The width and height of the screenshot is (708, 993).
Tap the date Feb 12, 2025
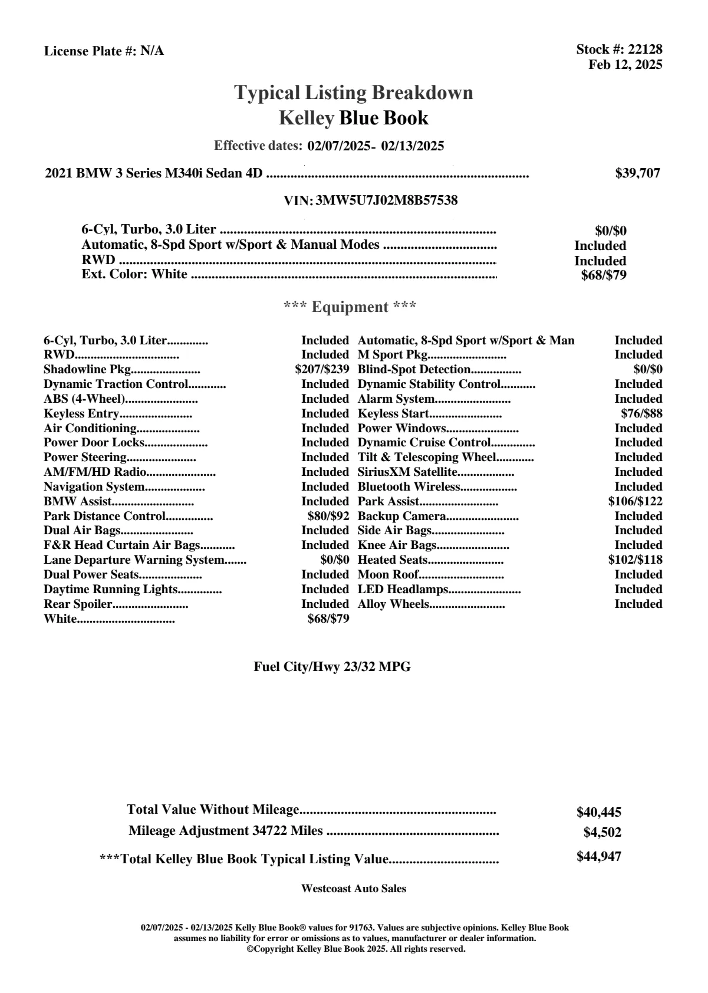point(625,64)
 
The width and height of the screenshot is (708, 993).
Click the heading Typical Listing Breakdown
point(354,93)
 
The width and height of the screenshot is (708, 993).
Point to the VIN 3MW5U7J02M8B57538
point(387,200)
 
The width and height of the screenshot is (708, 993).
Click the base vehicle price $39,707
point(637,173)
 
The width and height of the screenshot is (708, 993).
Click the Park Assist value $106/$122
point(635,502)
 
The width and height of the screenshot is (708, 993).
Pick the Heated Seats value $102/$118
point(635,560)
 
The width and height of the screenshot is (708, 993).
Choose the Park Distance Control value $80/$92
point(324,517)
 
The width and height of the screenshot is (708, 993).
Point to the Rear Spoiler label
point(78,604)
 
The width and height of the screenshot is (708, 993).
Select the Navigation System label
point(94,487)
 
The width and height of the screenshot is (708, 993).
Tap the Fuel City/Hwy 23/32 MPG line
point(332,667)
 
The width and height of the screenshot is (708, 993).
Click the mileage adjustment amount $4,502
point(602,833)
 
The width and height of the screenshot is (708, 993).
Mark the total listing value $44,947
point(599,857)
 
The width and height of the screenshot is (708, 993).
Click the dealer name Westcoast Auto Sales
point(354,889)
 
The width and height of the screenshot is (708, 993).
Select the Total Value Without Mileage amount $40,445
point(599,813)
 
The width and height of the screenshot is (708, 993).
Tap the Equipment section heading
point(350,307)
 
